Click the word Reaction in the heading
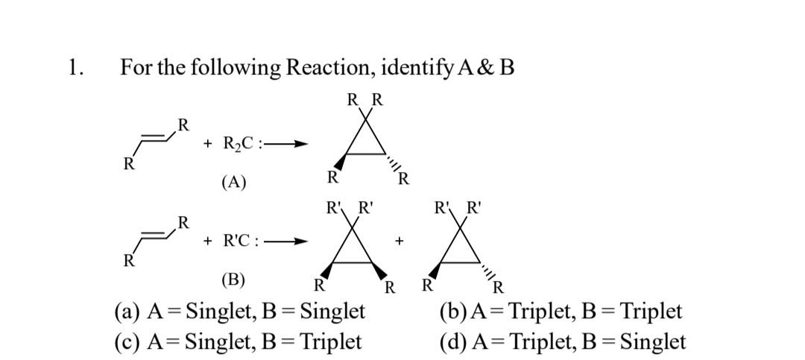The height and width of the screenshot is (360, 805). pyautogui.click(x=329, y=68)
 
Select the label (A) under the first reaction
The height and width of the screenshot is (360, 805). pyautogui.click(x=233, y=182)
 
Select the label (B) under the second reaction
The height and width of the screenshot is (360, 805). pyautogui.click(x=233, y=280)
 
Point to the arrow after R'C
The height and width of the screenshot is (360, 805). pyautogui.click(x=291, y=241)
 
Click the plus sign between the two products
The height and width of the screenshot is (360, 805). pyautogui.click(x=400, y=241)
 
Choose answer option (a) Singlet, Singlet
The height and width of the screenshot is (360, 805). pyautogui.click(x=239, y=312)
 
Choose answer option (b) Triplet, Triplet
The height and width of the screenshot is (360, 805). pyautogui.click(x=561, y=312)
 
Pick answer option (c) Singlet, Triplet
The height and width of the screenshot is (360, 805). pyautogui.click(x=238, y=341)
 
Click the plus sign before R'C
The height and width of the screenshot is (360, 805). pyautogui.click(x=208, y=241)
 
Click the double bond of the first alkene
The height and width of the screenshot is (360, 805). pyautogui.click(x=154, y=138)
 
